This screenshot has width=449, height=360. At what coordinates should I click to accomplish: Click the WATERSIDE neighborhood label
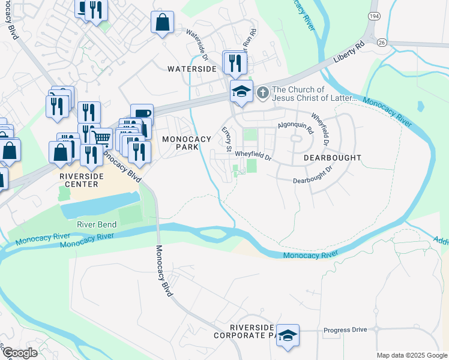[x=191, y=69]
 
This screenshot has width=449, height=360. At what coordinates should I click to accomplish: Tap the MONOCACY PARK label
[x=187, y=143]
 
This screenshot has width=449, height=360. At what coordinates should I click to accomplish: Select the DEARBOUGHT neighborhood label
[x=332, y=158]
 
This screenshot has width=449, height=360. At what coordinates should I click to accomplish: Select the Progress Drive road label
[x=345, y=331]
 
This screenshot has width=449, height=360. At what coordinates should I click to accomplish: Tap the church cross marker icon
[x=262, y=92]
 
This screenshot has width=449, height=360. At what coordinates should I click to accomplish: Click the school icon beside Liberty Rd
[x=241, y=91]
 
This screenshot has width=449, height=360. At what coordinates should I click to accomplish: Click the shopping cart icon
[x=101, y=139]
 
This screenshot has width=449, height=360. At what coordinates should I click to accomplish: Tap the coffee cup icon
[x=142, y=115]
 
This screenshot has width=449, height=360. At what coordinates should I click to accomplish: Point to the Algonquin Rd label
[x=295, y=127]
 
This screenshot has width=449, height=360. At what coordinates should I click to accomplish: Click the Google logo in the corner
[x=19, y=353]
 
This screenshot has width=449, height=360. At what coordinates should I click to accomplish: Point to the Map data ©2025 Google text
[x=411, y=355]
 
